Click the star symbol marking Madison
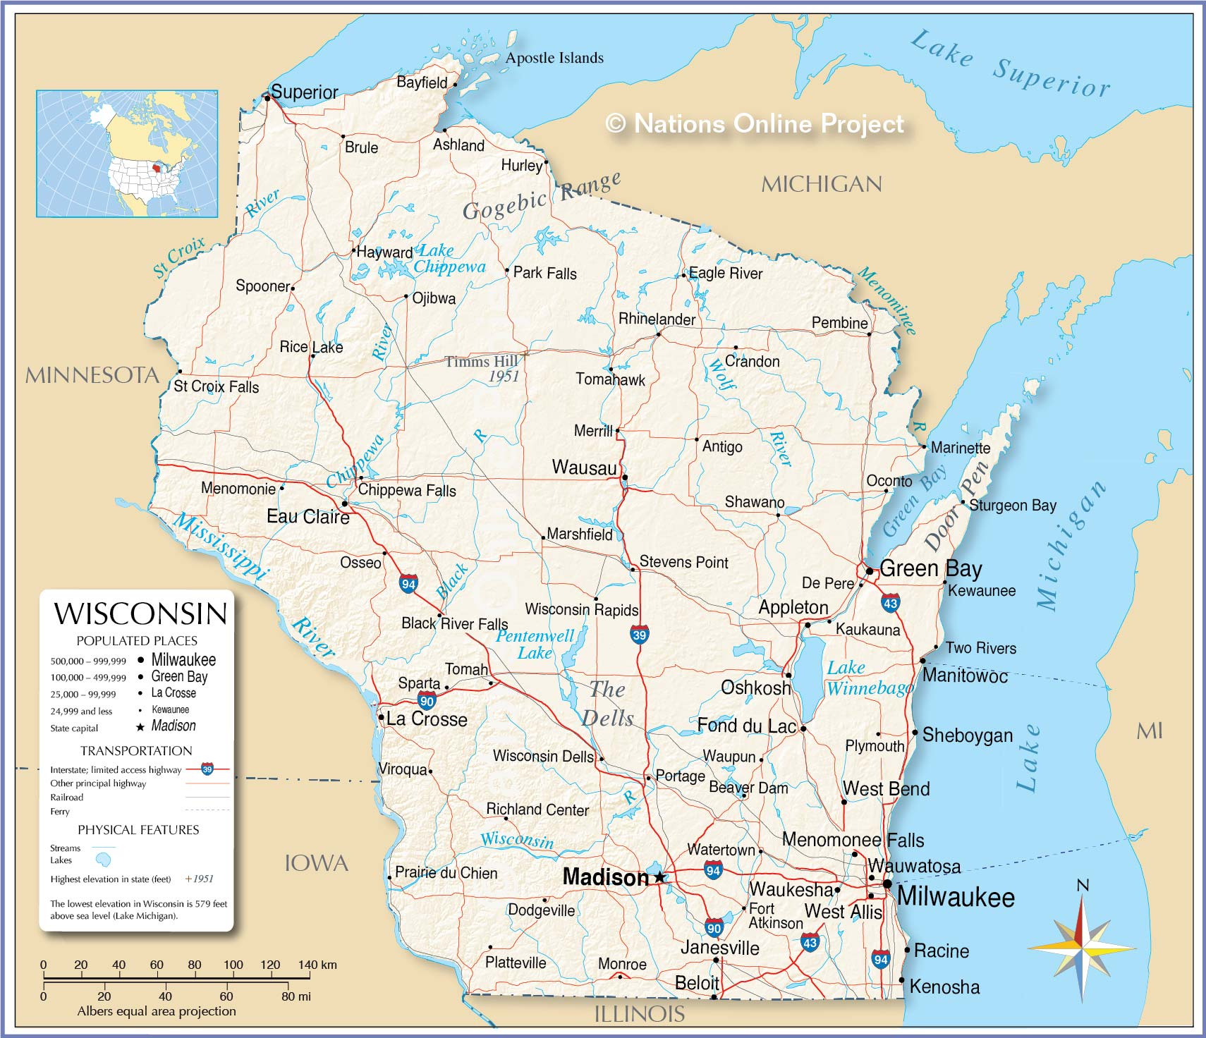point(659,877)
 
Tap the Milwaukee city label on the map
point(956,897)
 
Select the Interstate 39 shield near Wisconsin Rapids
point(639,634)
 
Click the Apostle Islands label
point(554,58)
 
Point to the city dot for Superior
point(267,98)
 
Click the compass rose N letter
point(1083,886)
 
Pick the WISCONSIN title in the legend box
point(140,613)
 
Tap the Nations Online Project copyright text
point(755,123)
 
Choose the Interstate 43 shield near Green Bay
point(890,602)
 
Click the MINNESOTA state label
point(92,375)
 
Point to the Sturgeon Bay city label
point(1012,505)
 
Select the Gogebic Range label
point(541,197)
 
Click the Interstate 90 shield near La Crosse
point(426,700)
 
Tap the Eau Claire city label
point(307,517)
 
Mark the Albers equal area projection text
point(157,1011)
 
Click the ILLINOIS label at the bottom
point(639,1014)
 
